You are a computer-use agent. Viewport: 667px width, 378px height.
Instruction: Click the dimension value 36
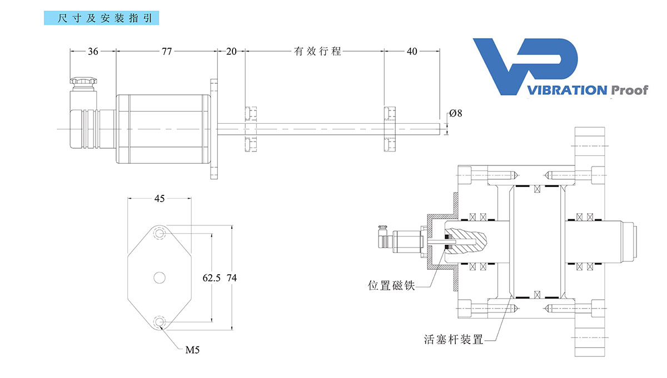tap(93, 52)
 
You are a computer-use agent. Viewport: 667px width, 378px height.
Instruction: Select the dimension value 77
tap(166, 52)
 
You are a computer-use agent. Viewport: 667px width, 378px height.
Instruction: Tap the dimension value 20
tap(231, 52)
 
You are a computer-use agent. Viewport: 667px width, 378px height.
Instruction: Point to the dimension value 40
tap(412, 52)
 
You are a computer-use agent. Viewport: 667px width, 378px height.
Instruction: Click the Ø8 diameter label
tap(455, 113)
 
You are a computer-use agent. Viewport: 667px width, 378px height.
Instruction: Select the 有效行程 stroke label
tap(317, 52)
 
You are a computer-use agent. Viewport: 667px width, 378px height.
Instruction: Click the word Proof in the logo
tap(629, 90)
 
